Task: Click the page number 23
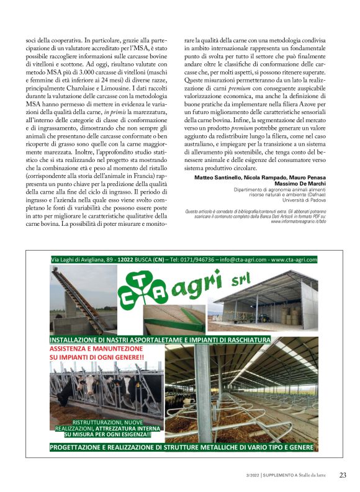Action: point(343,475)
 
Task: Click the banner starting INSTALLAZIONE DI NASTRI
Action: point(160,340)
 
